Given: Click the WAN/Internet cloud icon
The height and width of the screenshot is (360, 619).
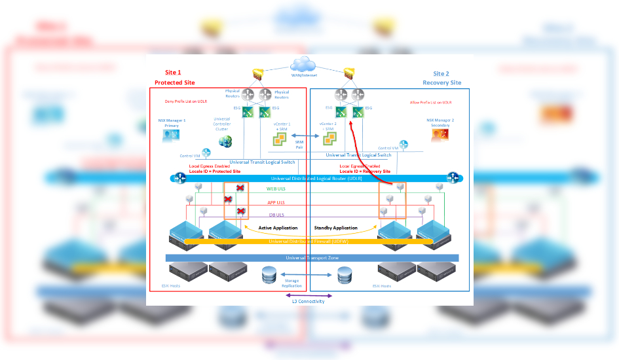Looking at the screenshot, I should click(x=303, y=63).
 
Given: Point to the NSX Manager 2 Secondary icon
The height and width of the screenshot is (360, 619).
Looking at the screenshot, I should click(x=440, y=135).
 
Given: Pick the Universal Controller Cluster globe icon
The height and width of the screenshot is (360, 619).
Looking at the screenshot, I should click(x=225, y=141).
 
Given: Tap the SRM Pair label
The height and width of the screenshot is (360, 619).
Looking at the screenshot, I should click(x=299, y=145).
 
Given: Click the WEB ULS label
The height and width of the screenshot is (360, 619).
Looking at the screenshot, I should click(x=275, y=189).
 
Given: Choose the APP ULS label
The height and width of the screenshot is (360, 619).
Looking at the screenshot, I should click(x=276, y=202).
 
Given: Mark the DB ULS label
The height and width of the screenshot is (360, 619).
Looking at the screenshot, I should click(x=276, y=215).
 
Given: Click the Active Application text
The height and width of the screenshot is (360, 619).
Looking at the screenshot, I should click(x=278, y=228).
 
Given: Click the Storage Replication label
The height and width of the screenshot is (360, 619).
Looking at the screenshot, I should click(x=292, y=283).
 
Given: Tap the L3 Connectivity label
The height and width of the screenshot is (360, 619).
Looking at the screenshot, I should click(x=308, y=301).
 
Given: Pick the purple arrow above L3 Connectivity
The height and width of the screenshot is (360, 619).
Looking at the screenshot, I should click(x=308, y=295).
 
